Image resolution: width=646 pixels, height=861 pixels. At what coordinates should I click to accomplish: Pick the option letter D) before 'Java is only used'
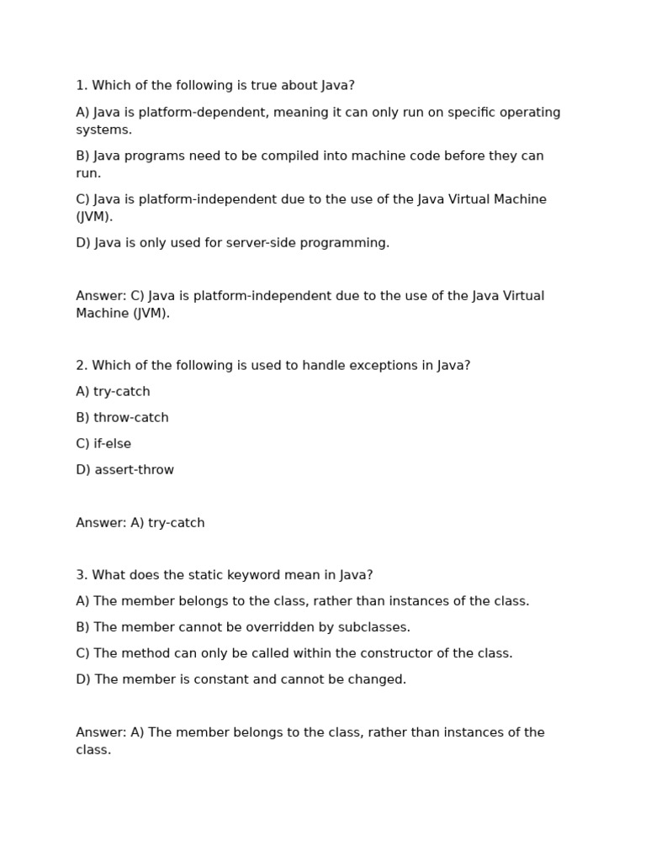pyautogui.click(x=83, y=243)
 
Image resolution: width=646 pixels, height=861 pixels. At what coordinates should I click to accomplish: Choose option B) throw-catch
pyautogui.click(x=122, y=418)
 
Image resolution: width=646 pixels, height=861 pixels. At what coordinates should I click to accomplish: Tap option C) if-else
pyautogui.click(x=103, y=444)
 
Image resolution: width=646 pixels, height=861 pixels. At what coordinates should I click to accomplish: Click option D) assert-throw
pyautogui.click(x=124, y=470)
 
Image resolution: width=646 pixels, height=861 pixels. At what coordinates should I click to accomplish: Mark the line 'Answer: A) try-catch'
pyautogui.click(x=140, y=523)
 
